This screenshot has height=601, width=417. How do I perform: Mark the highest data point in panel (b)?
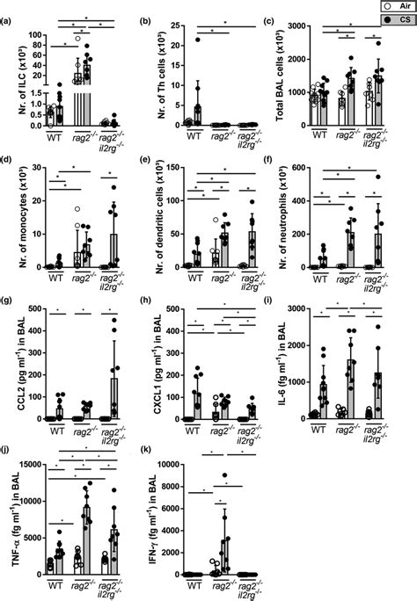(199, 40)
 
